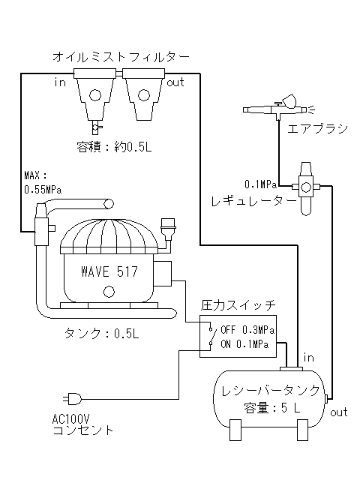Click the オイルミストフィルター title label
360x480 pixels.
[x=121, y=57]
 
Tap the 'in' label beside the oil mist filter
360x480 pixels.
[x=60, y=82]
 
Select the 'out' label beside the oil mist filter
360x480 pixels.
[x=175, y=82]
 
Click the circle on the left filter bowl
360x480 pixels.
[x=95, y=95]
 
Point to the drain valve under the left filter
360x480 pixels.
[x=96, y=127]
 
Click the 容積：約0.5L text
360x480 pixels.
[x=114, y=147]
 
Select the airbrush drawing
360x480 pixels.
[x=279, y=106]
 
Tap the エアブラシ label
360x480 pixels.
[x=318, y=129]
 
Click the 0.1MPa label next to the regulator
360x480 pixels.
[x=261, y=184]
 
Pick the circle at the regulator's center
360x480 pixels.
[x=306, y=187]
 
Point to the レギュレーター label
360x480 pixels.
[x=254, y=201]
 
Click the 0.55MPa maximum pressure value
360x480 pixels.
[x=43, y=190]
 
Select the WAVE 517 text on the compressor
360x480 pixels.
[x=109, y=271]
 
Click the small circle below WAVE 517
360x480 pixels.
[x=109, y=292]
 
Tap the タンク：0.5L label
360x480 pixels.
[x=101, y=333]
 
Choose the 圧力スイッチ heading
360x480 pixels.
[x=238, y=305]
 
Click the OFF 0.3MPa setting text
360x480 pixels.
[x=247, y=330]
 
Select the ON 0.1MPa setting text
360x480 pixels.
[x=244, y=344]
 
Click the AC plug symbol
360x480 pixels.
[x=73, y=399]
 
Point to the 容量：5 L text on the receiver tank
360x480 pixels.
[x=272, y=408]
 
